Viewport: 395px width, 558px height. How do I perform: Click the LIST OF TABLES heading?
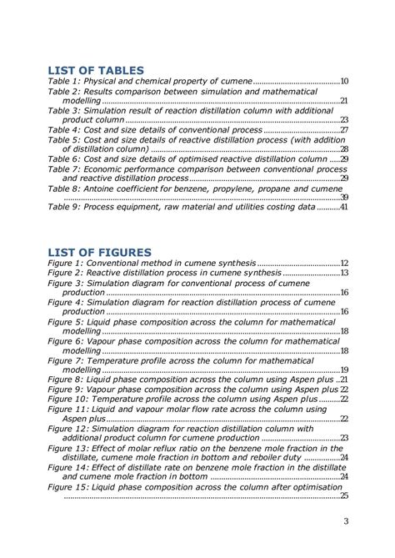click(x=96, y=70)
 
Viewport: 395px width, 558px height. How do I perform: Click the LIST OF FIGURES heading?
click(x=99, y=252)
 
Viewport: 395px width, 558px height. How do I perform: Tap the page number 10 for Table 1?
click(x=343, y=82)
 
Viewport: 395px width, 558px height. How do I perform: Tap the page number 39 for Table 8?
click(x=343, y=198)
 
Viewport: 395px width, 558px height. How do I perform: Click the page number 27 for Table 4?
click(x=343, y=130)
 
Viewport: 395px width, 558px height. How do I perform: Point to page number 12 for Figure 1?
click(x=343, y=264)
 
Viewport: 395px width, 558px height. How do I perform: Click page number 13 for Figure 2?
click(x=343, y=274)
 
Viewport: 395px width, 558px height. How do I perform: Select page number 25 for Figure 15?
click(x=343, y=495)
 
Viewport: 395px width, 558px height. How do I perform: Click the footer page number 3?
click(x=345, y=522)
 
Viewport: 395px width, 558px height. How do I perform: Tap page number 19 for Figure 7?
click(x=343, y=369)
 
